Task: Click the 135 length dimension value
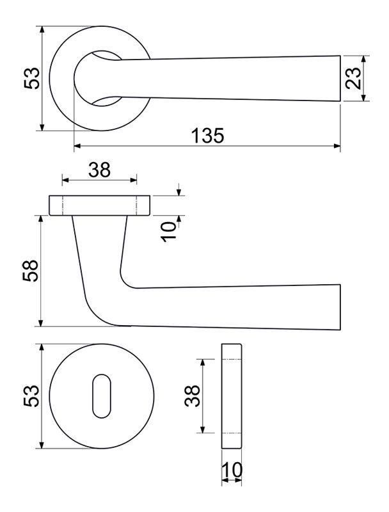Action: [x=208, y=135]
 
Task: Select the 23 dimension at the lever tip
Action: [x=354, y=78]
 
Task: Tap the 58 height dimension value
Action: [x=31, y=271]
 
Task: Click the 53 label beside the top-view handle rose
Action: [x=31, y=78]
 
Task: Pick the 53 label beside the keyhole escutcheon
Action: [x=31, y=396]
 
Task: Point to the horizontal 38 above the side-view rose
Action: [x=100, y=170]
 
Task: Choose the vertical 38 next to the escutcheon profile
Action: [x=192, y=396]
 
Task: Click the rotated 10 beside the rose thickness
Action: [x=169, y=232]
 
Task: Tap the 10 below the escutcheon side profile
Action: [x=232, y=470]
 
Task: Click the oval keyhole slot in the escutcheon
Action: [x=102, y=396]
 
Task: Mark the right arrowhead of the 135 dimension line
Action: [x=337, y=146]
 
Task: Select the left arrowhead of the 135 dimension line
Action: [x=77, y=146]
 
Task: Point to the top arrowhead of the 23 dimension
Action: [x=364, y=59]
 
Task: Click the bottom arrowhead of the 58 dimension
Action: [x=41, y=323]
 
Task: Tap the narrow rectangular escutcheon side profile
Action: [x=232, y=396]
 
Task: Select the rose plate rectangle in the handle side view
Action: [x=100, y=205]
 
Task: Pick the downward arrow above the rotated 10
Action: [x=179, y=189]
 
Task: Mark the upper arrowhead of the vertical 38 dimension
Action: [x=203, y=363]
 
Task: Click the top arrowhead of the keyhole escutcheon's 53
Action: [x=42, y=348]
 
